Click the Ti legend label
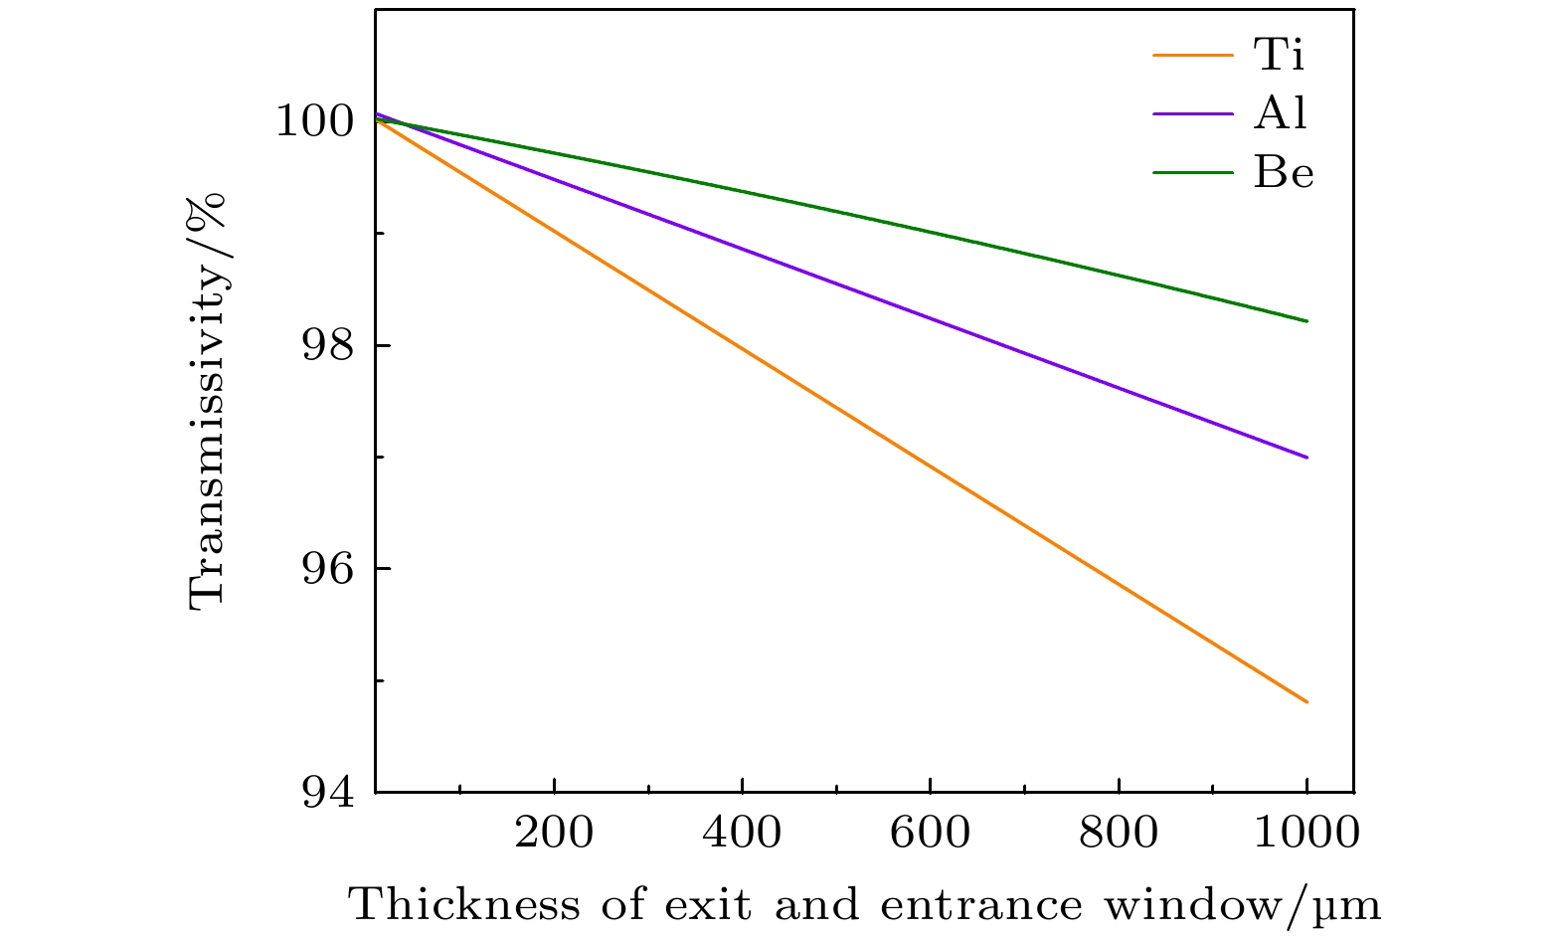click(1279, 56)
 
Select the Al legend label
click(1281, 114)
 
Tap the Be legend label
click(1284, 173)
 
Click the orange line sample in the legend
click(1192, 56)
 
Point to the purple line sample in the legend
click(1192, 114)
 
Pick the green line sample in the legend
click(1192, 173)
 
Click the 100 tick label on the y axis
click(314, 121)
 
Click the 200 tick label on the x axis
click(553, 832)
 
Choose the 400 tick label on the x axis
click(742, 832)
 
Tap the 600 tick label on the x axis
click(930, 832)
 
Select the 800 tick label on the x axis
click(1119, 832)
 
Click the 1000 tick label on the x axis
click(1305, 832)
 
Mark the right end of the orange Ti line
click(1306, 702)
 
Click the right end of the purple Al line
click(1306, 458)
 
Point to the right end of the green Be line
click(1306, 321)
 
